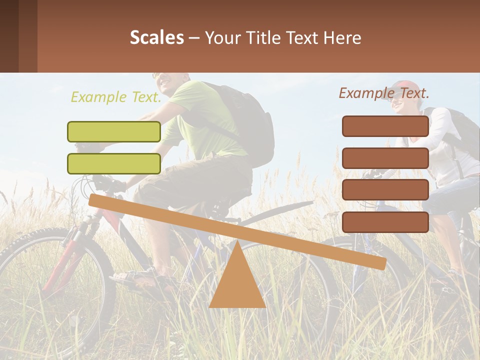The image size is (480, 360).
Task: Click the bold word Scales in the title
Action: click(156, 37)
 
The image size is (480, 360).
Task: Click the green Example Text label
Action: click(116, 97)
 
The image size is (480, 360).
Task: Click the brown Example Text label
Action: click(384, 93)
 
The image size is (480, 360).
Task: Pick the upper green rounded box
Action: click(114, 131)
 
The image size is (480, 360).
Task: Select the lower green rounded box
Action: click(114, 163)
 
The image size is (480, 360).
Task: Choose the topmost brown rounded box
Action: click(385, 126)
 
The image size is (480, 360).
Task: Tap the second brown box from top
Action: click(385, 158)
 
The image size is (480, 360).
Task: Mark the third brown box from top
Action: click(385, 189)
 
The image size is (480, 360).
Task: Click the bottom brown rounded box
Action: click(385, 222)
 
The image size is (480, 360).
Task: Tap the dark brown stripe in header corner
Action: click(9, 36)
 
